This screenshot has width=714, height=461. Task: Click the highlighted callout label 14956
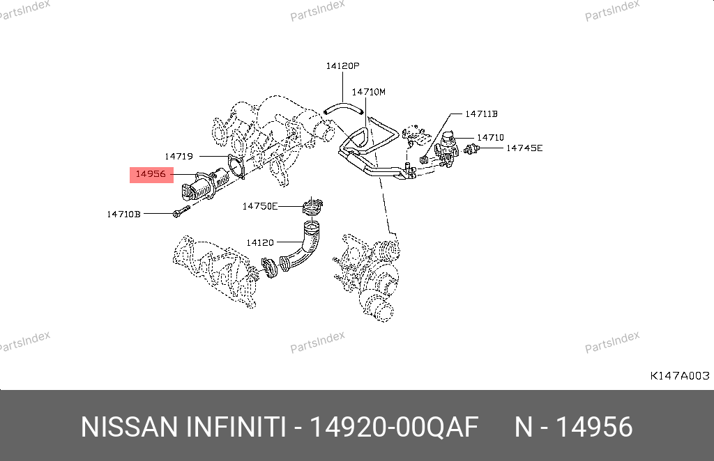coord(151,174)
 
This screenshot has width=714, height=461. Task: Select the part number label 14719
coord(179,157)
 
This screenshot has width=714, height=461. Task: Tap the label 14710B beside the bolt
coord(124,214)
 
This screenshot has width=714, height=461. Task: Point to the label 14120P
coord(342,66)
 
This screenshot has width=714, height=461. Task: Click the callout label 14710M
coord(368,92)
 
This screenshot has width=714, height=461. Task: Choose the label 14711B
coord(481,114)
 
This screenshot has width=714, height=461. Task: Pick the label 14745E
coord(524,148)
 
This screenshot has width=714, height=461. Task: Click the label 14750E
coord(260,206)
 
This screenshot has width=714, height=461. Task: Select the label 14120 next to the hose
coord(260,243)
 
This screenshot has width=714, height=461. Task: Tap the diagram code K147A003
coord(680,375)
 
